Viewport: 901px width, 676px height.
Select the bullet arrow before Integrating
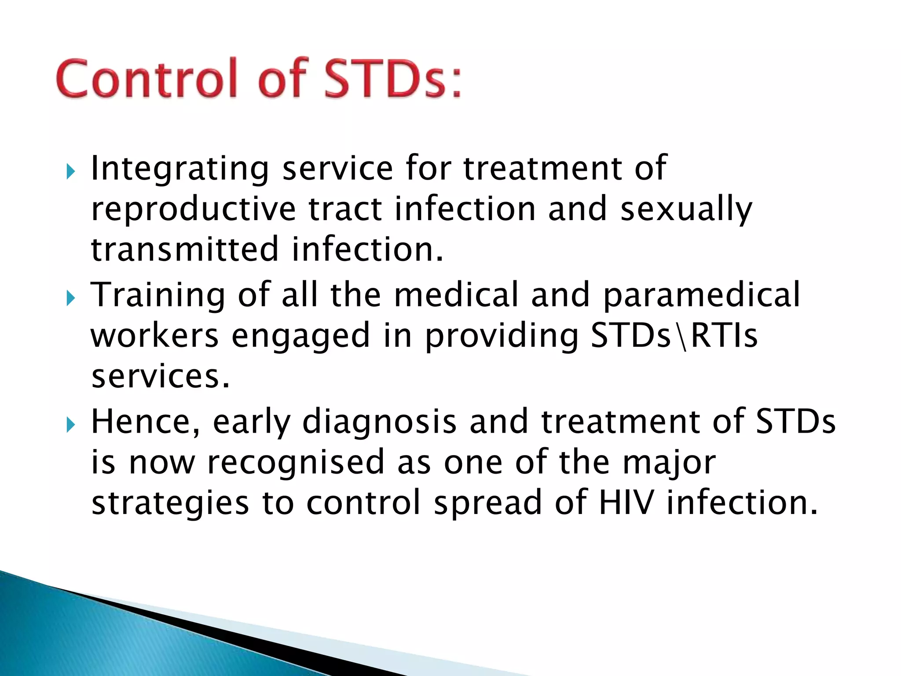pyautogui.click(x=70, y=172)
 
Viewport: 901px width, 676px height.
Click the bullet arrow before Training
pyautogui.click(x=70, y=298)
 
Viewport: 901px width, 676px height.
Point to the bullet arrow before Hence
pyautogui.click(x=70, y=425)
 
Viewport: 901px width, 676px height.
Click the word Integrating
pyautogui.click(x=179, y=169)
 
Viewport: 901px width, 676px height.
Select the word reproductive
pyautogui.click(x=193, y=209)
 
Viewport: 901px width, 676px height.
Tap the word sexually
pyautogui.click(x=686, y=209)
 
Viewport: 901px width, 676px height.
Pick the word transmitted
pyautogui.click(x=185, y=249)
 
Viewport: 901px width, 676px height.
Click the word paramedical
pyautogui.click(x=701, y=295)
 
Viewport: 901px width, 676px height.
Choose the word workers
pyautogui.click(x=154, y=335)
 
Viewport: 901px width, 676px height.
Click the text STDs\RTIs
pyautogui.click(x=674, y=335)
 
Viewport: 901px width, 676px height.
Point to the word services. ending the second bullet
pyautogui.click(x=161, y=377)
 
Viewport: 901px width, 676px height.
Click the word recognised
pyautogui.click(x=296, y=462)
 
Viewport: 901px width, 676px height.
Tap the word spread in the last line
pyautogui.click(x=487, y=503)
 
